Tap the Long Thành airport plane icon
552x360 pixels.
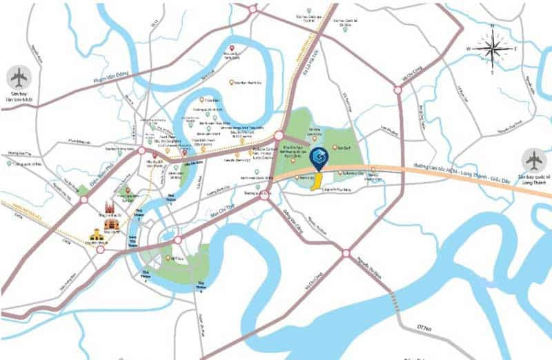click(534, 160)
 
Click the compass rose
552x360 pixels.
click(492, 48)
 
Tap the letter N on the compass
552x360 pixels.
click(492, 26)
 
